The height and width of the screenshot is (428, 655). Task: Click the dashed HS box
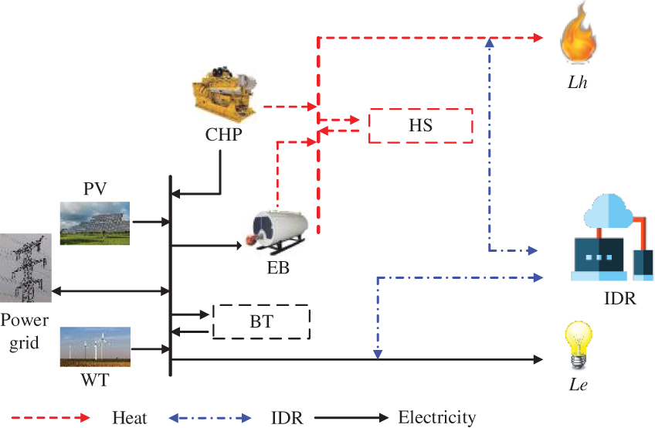point(420,125)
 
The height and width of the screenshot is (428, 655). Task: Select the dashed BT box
point(261,322)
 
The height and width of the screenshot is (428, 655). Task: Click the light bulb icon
point(579,343)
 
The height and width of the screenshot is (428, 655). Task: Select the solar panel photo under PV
point(95,222)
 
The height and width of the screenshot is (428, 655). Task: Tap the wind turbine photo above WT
point(95,346)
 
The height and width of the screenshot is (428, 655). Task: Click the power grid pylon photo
point(25,267)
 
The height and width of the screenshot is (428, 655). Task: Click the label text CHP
point(224,136)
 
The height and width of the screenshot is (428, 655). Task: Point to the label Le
point(579,382)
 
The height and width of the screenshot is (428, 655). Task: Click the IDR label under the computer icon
point(616,298)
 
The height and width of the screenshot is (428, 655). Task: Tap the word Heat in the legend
point(129,418)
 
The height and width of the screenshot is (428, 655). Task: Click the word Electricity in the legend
point(436,418)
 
